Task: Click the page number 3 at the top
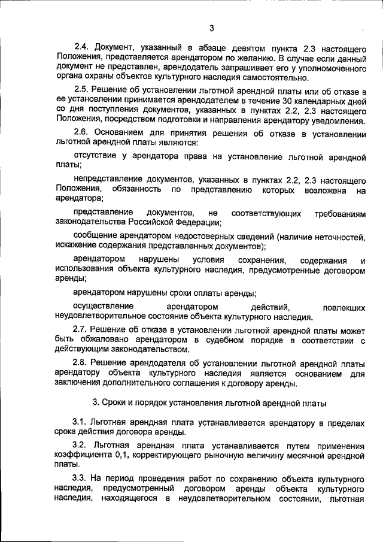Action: pyautogui.click(x=212, y=27)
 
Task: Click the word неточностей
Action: pyautogui.click(x=337, y=236)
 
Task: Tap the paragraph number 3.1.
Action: pyautogui.click(x=80, y=423)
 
